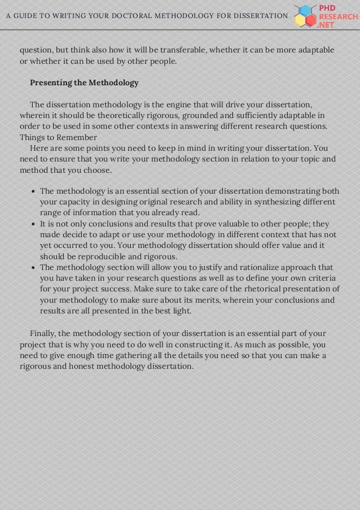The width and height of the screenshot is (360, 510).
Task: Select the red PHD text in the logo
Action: pyautogui.click(x=328, y=8)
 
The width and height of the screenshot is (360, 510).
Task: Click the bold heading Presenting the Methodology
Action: pyautogui.click(x=84, y=83)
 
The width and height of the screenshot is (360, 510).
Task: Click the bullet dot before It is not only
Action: pyautogui.click(x=33, y=224)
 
